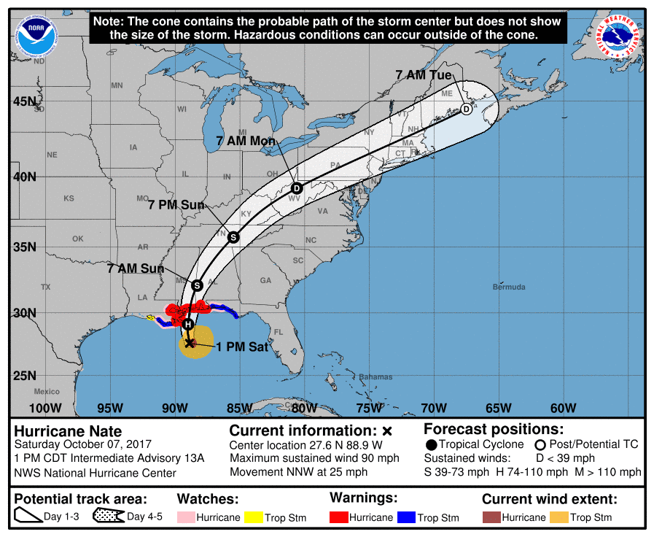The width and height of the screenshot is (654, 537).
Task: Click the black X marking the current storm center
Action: click(189, 342)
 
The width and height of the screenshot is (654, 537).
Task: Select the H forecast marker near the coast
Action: click(188, 324)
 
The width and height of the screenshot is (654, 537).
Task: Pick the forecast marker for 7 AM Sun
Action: click(197, 285)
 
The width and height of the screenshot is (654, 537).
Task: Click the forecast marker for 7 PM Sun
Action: click(233, 236)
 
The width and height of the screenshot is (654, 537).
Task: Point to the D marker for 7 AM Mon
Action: click(297, 188)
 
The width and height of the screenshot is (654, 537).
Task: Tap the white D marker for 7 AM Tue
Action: click(466, 109)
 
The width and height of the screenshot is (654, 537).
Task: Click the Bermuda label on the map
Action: click(508, 287)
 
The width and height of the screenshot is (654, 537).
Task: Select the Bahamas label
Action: click(375, 377)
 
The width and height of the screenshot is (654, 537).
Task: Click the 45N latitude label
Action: click(26, 101)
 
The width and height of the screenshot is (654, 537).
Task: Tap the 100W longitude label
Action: click(44, 408)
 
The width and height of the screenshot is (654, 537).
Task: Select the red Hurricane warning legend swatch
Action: click(338, 517)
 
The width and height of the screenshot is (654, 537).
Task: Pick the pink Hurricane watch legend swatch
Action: click(186, 517)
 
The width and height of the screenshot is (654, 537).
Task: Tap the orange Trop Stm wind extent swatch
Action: click(559, 517)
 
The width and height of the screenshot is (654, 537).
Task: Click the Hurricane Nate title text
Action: click(68, 431)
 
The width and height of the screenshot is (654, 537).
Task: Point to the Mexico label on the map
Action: click(46, 392)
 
